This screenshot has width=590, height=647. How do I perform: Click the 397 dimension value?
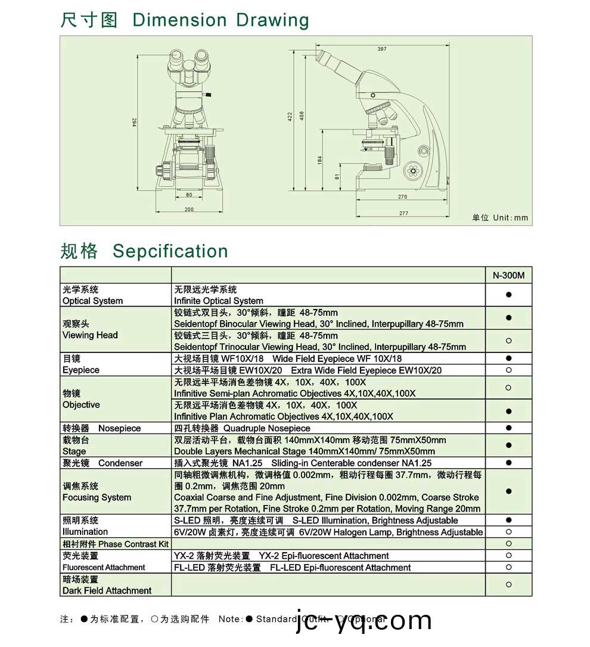pos(382,49)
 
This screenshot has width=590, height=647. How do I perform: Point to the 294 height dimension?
pos(135,123)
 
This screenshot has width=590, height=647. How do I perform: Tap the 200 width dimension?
pos(189,209)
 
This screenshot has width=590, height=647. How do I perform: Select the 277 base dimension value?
pos(403,213)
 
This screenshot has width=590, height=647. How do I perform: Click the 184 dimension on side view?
pos(319,160)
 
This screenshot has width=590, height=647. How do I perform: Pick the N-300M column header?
pos(508,275)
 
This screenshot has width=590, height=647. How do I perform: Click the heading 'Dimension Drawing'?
pos(221,20)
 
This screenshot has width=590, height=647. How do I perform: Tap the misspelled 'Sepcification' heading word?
pos(170,251)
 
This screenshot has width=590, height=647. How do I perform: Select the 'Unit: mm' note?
pos(500,218)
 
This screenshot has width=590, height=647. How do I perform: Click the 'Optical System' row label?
pos(93,301)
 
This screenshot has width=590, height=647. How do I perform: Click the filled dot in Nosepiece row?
pos(508,428)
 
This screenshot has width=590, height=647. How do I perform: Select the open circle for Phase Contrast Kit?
pos(508,543)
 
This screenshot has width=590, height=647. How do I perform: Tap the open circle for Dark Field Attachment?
pos(508,584)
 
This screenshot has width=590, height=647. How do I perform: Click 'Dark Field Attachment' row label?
pos(107,590)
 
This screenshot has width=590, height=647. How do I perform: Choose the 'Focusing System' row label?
pos(97,497)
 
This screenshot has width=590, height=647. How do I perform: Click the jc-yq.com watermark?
pos(364,621)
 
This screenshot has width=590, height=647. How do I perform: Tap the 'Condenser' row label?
pos(120,463)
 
